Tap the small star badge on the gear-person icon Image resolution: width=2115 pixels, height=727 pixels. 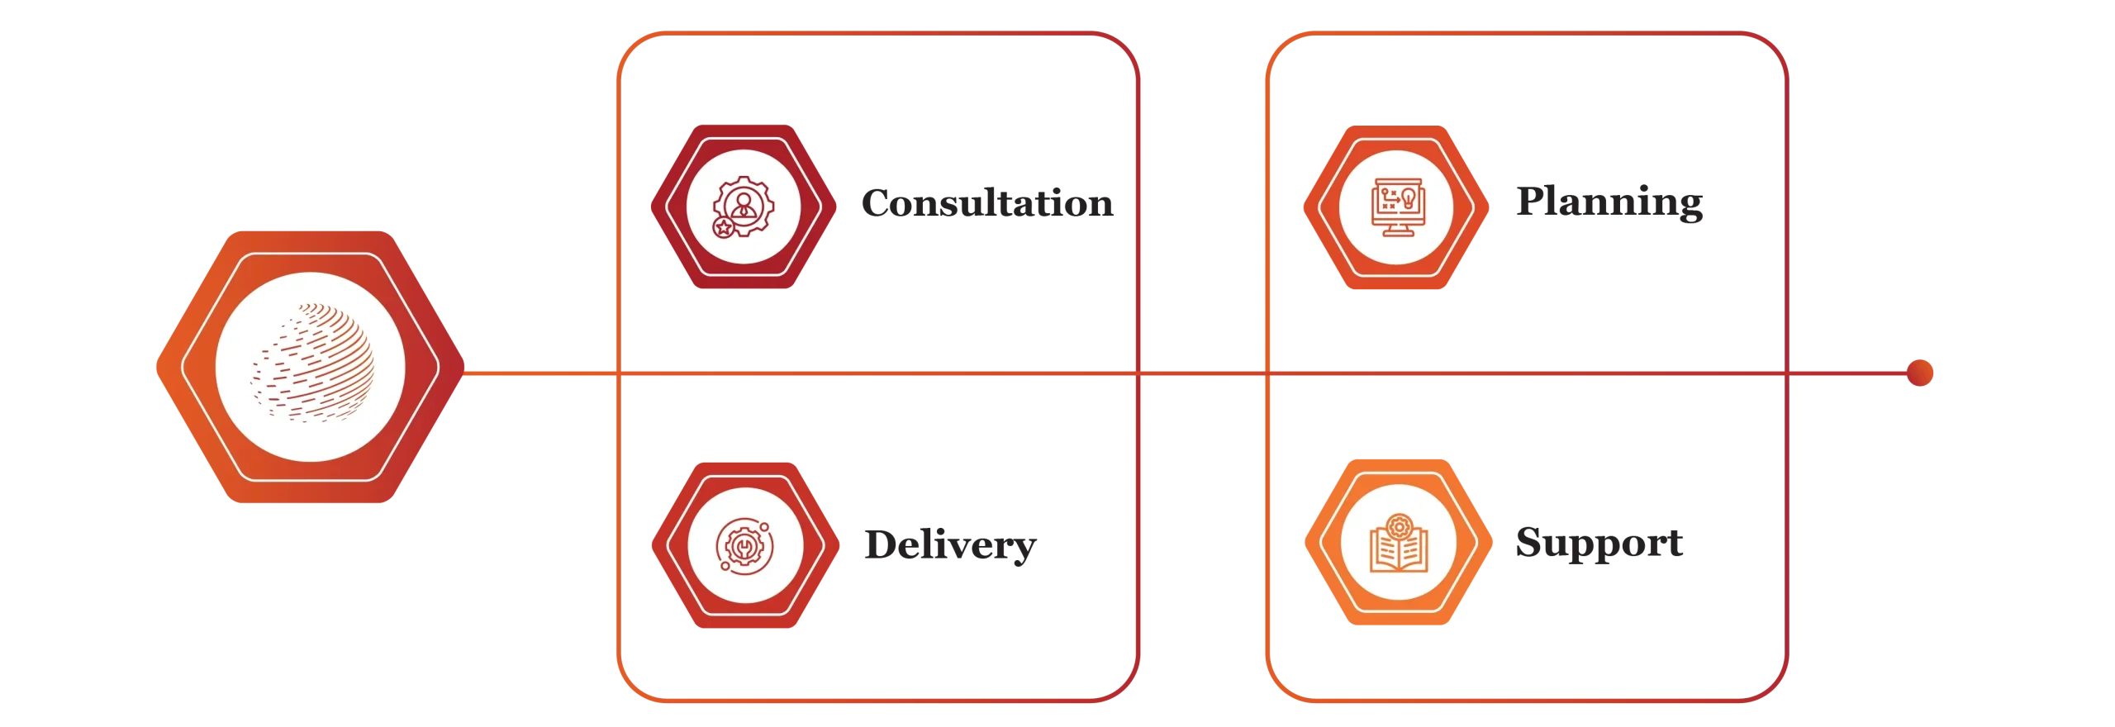(723, 227)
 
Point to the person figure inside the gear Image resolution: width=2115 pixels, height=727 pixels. (744, 202)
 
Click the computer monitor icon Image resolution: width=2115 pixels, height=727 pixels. (1396, 207)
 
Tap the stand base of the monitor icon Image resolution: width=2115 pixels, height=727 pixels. (1396, 233)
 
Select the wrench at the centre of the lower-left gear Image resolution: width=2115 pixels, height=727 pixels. (744, 545)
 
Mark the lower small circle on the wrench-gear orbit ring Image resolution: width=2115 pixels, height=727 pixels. (725, 567)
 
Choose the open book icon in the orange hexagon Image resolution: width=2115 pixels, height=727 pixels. (1397, 545)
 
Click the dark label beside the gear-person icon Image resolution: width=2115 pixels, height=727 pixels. (987, 203)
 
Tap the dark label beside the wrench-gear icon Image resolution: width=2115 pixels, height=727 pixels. (948, 546)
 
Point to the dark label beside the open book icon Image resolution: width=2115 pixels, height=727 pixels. (1599, 546)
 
